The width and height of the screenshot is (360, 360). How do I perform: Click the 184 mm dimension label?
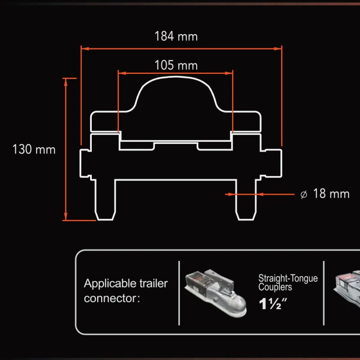176,36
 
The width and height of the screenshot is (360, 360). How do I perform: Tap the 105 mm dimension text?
176,65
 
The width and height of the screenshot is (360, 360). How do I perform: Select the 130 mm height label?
34,149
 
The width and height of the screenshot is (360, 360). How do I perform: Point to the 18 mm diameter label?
331,193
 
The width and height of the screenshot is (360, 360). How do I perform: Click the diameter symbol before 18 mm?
304,195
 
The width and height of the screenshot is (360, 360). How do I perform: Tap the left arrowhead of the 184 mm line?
85,49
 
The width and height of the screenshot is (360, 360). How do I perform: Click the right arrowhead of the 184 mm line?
278,49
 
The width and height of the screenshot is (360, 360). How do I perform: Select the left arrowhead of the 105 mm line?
122,73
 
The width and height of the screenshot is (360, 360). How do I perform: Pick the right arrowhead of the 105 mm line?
229,73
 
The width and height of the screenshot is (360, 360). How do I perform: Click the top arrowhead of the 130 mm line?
66,82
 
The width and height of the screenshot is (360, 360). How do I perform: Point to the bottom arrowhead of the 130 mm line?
66,216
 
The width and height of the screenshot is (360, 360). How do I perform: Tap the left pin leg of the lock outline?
105,200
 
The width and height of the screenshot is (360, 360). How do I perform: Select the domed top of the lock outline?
176,94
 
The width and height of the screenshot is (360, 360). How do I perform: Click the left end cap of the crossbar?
85,163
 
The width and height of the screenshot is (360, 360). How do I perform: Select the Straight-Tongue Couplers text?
288,283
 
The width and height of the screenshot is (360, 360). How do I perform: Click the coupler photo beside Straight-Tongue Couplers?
216,293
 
